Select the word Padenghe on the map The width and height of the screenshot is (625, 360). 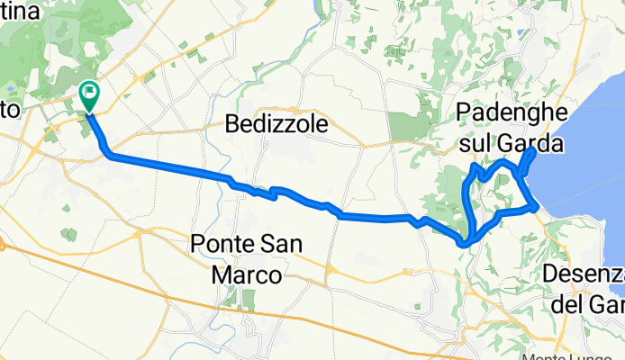(x=511, y=112)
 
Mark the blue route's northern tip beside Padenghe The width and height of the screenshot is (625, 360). (x=534, y=150)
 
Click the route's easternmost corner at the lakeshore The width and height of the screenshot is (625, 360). (x=538, y=208)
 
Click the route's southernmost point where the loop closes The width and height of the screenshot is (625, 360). (x=465, y=242)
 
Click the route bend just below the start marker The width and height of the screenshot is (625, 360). (x=109, y=156)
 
